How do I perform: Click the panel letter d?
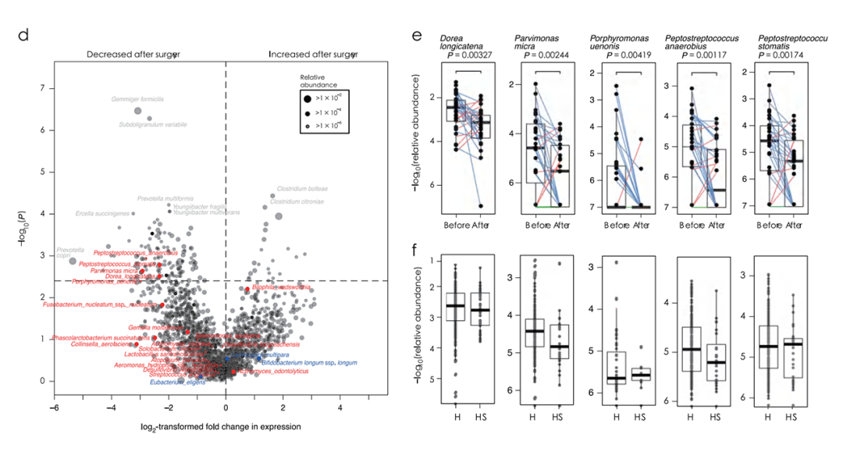pos(23,35)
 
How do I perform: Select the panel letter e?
pos(417,35)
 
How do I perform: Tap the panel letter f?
pos(416,251)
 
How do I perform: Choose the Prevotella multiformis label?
pos(165,199)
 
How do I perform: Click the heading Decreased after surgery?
pos(133,55)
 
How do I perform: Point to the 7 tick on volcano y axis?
pos(42,88)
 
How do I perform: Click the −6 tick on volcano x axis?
pos(53,407)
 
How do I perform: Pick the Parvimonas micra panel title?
pos(535,43)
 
